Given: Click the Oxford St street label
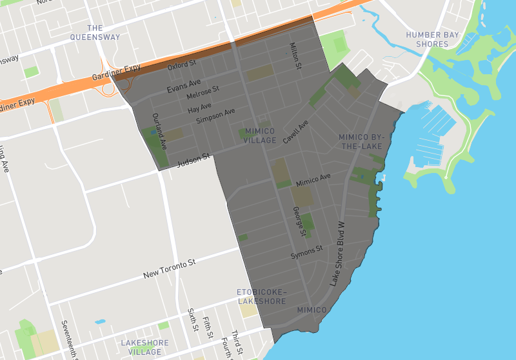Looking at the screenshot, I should pos(181,65).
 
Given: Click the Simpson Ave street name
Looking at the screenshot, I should pos(215,117).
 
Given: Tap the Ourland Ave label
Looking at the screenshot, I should pos(159,128).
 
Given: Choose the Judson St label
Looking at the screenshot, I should pos(194,159).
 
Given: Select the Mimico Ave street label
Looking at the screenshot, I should pos(313,180).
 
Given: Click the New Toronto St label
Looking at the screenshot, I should pos(169,270).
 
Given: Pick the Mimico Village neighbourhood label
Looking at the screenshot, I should pos(260,135).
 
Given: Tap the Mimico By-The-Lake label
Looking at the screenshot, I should pos(361,142).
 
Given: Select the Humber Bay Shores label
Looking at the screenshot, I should pos(432,39).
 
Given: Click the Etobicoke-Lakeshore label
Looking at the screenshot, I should pos(261,297).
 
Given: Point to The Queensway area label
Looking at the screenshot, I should pos(95,32).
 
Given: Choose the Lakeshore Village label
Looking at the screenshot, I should pos(145,347).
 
